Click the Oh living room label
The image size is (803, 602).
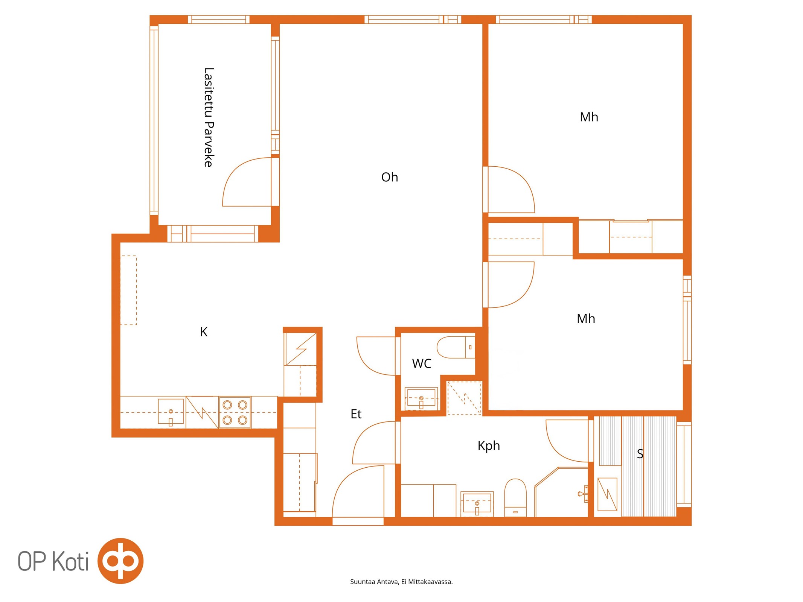tap(389, 177)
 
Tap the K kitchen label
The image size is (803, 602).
tap(204, 331)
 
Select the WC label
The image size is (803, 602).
tap(421, 363)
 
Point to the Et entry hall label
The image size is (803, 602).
tap(356, 414)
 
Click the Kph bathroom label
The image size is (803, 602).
tap(489, 446)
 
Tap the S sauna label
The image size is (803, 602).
tap(640, 454)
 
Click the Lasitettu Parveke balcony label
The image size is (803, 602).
tap(209, 117)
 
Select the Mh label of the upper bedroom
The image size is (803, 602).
tap(589, 117)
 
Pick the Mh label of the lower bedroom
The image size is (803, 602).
tap(586, 319)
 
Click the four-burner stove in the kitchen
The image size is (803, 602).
tap(235, 412)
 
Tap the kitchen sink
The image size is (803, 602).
tap(171, 412)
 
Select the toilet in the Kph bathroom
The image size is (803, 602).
tap(515, 497)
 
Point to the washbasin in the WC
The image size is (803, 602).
tap(421, 398)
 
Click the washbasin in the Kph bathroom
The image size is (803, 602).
tap(477, 503)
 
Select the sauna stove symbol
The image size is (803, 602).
tap(607, 494)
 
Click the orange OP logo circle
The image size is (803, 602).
tap(120, 561)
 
